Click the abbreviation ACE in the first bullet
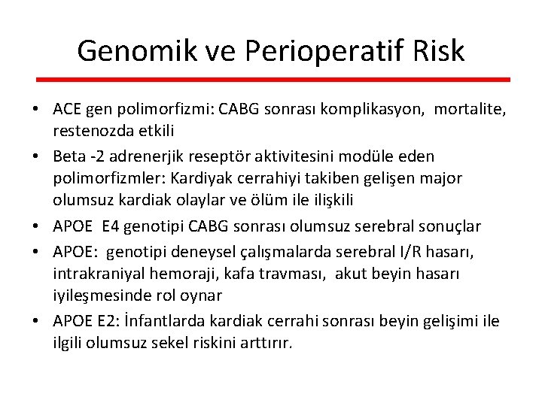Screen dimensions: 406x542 [67, 110]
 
